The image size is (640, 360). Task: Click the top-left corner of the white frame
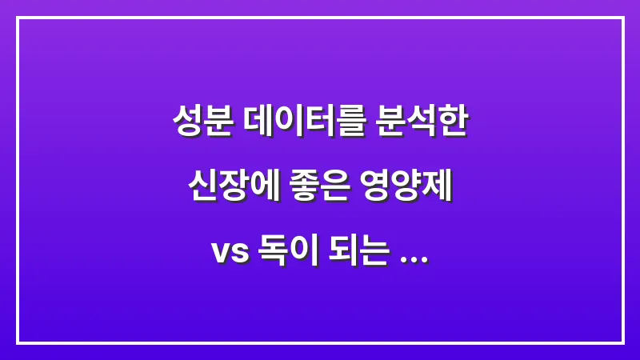click(x=18, y=18)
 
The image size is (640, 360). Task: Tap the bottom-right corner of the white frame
click(x=622, y=342)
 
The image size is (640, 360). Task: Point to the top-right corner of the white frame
click(x=622, y=18)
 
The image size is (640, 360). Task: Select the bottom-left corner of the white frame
click(x=18, y=342)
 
